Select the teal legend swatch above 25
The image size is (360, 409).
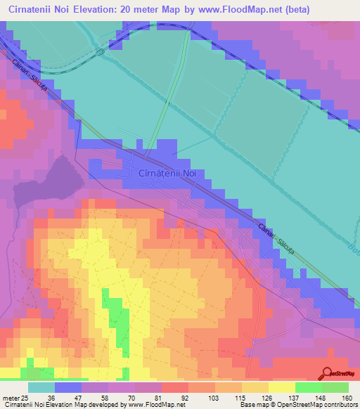[x=41, y=387]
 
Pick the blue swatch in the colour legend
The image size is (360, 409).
[x=68, y=387]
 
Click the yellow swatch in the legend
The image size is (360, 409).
[x=281, y=387]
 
